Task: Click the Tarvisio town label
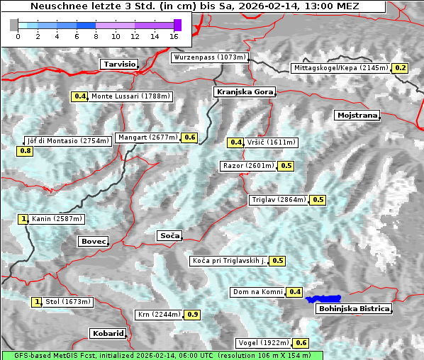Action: point(119,64)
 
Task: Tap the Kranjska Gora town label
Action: point(243,92)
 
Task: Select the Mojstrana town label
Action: point(357,115)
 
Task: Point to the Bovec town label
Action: point(93,242)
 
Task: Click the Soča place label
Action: point(169,235)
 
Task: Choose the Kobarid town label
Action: point(108,333)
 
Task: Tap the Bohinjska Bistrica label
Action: point(354,309)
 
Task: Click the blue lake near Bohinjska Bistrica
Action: point(323,299)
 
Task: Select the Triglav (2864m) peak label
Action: point(279,200)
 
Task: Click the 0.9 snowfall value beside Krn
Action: point(192,315)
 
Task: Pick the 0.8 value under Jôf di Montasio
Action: point(25,151)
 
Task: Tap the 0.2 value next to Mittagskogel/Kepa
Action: point(401,68)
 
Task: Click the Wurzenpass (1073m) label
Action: point(210,57)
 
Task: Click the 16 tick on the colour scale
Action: point(174,35)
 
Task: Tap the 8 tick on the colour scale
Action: point(96,35)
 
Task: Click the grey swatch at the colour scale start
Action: point(14,25)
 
